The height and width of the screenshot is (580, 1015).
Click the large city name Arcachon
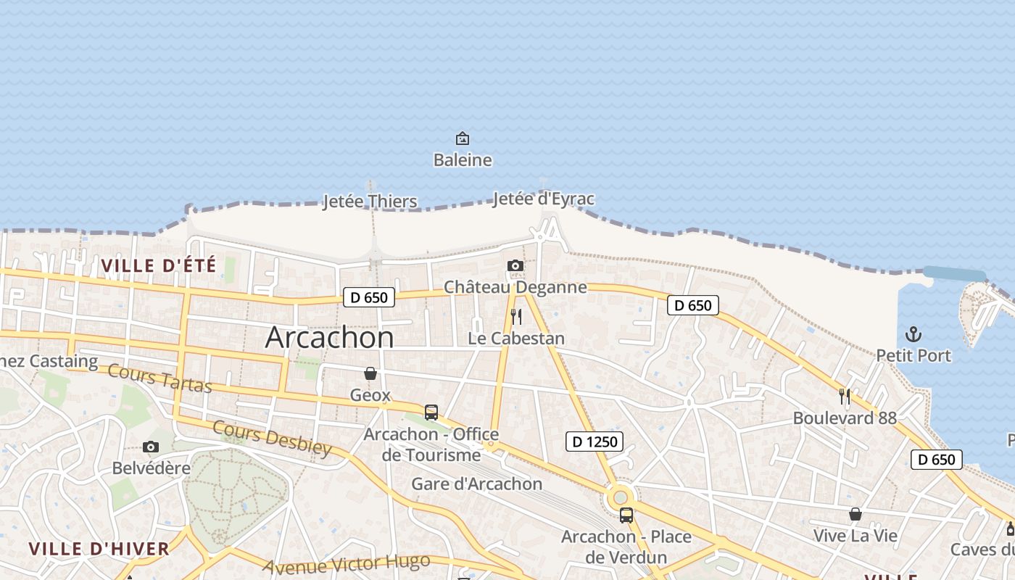point(330,338)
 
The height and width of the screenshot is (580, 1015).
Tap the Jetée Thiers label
point(370,202)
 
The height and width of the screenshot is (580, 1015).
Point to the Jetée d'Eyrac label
point(544,199)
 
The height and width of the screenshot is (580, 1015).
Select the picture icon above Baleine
point(462,138)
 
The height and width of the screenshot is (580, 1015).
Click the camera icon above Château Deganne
point(515,265)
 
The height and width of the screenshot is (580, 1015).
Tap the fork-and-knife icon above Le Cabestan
point(516,317)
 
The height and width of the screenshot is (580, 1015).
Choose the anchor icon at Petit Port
point(913,334)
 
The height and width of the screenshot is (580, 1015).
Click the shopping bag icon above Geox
point(370,373)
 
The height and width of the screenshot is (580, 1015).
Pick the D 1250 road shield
point(594,441)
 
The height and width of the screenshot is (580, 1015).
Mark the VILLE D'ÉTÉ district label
point(159,266)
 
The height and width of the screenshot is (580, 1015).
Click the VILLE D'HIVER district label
point(99,549)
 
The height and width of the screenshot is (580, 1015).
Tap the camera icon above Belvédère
point(151,447)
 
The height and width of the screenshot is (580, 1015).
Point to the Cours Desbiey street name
point(272,437)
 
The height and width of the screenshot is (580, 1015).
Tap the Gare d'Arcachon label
point(477,484)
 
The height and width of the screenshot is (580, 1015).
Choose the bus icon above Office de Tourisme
point(431,413)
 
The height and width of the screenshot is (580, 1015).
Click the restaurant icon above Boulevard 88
point(845,396)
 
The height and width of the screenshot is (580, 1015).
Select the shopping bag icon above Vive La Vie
point(855,514)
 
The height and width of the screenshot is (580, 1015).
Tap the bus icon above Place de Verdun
point(626,515)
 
